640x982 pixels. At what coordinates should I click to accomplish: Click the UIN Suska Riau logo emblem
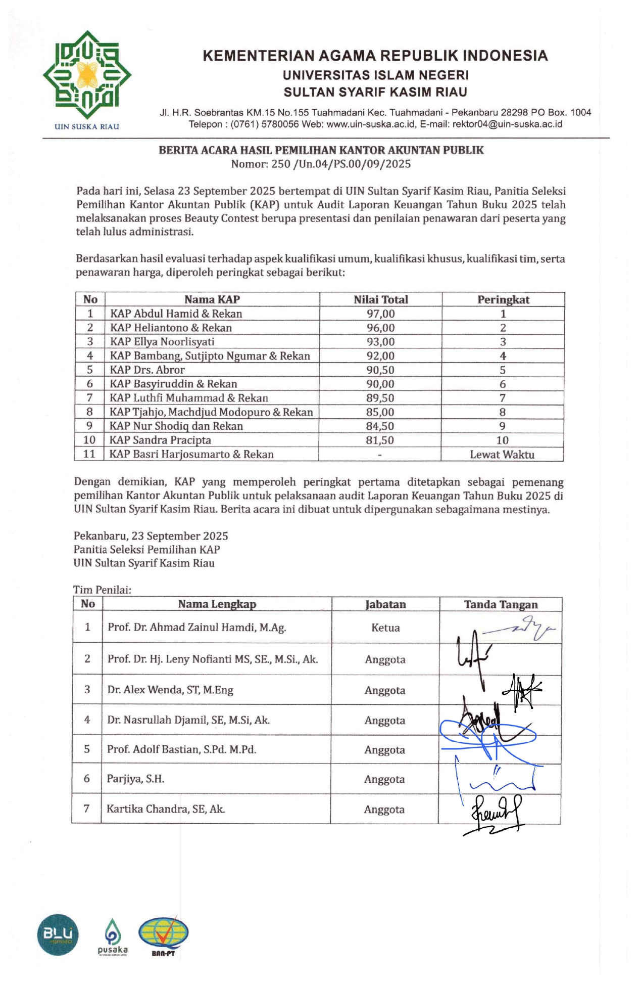pyautogui.click(x=87, y=75)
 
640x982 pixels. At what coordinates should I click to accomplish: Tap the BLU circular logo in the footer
pyautogui.click(x=58, y=934)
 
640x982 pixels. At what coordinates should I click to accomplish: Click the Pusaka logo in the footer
pyautogui.click(x=113, y=936)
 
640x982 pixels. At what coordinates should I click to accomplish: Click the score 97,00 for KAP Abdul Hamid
pyautogui.click(x=380, y=314)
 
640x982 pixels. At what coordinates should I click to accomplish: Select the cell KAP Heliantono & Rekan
pyautogui.click(x=171, y=328)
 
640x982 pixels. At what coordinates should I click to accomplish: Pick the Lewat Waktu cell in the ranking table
pyautogui.click(x=502, y=454)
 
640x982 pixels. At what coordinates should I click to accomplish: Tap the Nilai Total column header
pyautogui.click(x=380, y=299)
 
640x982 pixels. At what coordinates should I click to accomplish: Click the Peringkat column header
pyautogui.click(x=503, y=299)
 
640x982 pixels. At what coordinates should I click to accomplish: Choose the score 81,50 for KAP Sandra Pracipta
pyautogui.click(x=380, y=440)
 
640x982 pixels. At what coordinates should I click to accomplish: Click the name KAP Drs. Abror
pyautogui.click(x=147, y=370)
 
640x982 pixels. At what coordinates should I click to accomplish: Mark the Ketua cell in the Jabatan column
pyautogui.click(x=385, y=628)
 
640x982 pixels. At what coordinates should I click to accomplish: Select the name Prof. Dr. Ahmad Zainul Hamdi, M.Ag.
pyautogui.click(x=196, y=628)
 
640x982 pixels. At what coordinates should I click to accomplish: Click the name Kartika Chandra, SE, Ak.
pyautogui.click(x=166, y=809)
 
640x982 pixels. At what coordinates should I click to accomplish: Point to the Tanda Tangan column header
pyautogui.click(x=501, y=604)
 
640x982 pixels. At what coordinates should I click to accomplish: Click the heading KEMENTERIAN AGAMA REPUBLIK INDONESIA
pyautogui.click(x=375, y=56)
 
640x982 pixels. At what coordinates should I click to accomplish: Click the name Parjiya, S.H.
pyautogui.click(x=135, y=779)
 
